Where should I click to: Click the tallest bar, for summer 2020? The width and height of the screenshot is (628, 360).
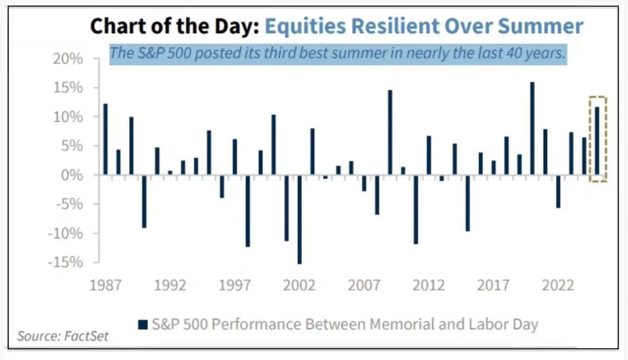tap(532, 129)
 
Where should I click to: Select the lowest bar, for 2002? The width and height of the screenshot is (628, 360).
tap(299, 219)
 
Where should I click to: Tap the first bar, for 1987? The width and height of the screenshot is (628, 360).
tap(105, 139)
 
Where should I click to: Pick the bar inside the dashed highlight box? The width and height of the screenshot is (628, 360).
tap(597, 141)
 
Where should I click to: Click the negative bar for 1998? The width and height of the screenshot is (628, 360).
tap(248, 211)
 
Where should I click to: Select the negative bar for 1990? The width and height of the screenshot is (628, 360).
tap(144, 201)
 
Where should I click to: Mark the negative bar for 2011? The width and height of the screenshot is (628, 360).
tap(416, 209)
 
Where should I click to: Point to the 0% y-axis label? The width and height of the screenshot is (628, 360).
tap(73, 175)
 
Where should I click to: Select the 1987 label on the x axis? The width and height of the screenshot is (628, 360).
tap(105, 286)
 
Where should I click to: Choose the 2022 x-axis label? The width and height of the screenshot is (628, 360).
tap(559, 286)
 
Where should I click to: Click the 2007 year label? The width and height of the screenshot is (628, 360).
tap(364, 286)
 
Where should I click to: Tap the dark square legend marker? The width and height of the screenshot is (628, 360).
tap(142, 324)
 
